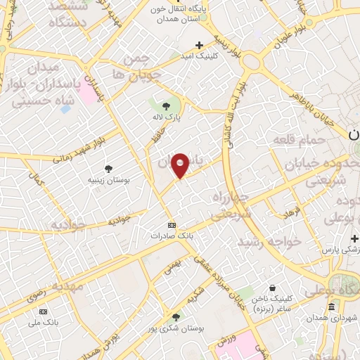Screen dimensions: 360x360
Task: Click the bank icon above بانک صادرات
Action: tap(170, 225)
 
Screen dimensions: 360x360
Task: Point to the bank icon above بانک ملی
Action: tap(44, 311)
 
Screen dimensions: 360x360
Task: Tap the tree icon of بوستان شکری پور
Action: tap(176, 317)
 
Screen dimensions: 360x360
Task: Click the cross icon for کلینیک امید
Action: tap(200, 45)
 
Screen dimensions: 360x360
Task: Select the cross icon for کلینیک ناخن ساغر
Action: tap(274, 288)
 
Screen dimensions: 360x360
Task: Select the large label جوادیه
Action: tap(68, 224)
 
